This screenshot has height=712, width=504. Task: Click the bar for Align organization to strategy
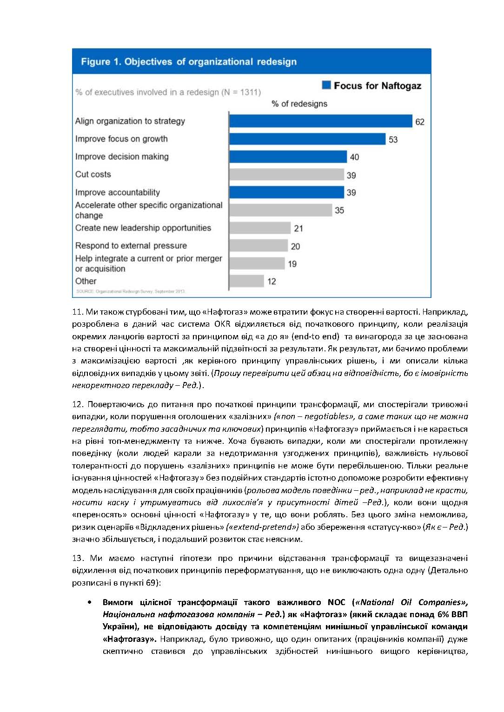point(321,121)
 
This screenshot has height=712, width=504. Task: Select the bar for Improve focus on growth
point(307,139)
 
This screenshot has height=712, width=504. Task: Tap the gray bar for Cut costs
point(286,175)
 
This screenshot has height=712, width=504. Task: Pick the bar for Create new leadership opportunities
point(260,228)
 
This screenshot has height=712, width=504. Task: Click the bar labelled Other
point(247,281)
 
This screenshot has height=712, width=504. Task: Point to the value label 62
point(420,122)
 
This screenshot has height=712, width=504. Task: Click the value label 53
point(393,139)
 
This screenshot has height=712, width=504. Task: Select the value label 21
point(298,228)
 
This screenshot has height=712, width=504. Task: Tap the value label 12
point(272,281)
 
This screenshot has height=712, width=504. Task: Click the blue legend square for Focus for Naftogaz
point(326,85)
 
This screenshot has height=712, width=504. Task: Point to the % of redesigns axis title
point(299,104)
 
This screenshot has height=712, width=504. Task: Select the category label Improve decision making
point(122,157)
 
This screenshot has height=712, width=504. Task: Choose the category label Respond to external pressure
point(131,245)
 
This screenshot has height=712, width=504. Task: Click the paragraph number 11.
point(77,312)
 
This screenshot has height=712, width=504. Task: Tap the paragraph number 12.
point(77,404)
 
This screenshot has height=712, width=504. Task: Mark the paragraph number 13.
point(77,558)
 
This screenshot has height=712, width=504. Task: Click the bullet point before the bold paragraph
point(89,602)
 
